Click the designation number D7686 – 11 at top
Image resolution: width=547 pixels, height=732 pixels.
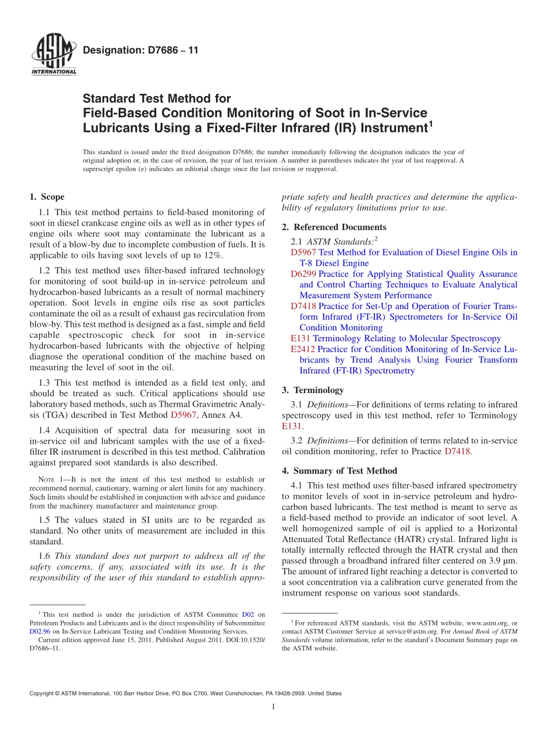tap(140, 51)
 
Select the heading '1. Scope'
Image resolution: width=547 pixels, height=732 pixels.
tap(47, 197)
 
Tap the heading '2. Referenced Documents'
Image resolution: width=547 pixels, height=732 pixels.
tap(334, 227)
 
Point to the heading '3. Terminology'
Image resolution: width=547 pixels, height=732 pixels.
tap(313, 390)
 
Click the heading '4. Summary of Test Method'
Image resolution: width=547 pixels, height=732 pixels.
tap(339, 471)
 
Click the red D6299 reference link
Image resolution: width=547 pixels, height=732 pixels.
tap(303, 274)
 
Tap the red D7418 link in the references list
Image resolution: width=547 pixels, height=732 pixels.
tap(303, 307)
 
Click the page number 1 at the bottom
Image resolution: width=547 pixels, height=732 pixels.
tap(273, 707)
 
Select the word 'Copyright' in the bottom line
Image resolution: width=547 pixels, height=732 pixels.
tap(43, 693)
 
